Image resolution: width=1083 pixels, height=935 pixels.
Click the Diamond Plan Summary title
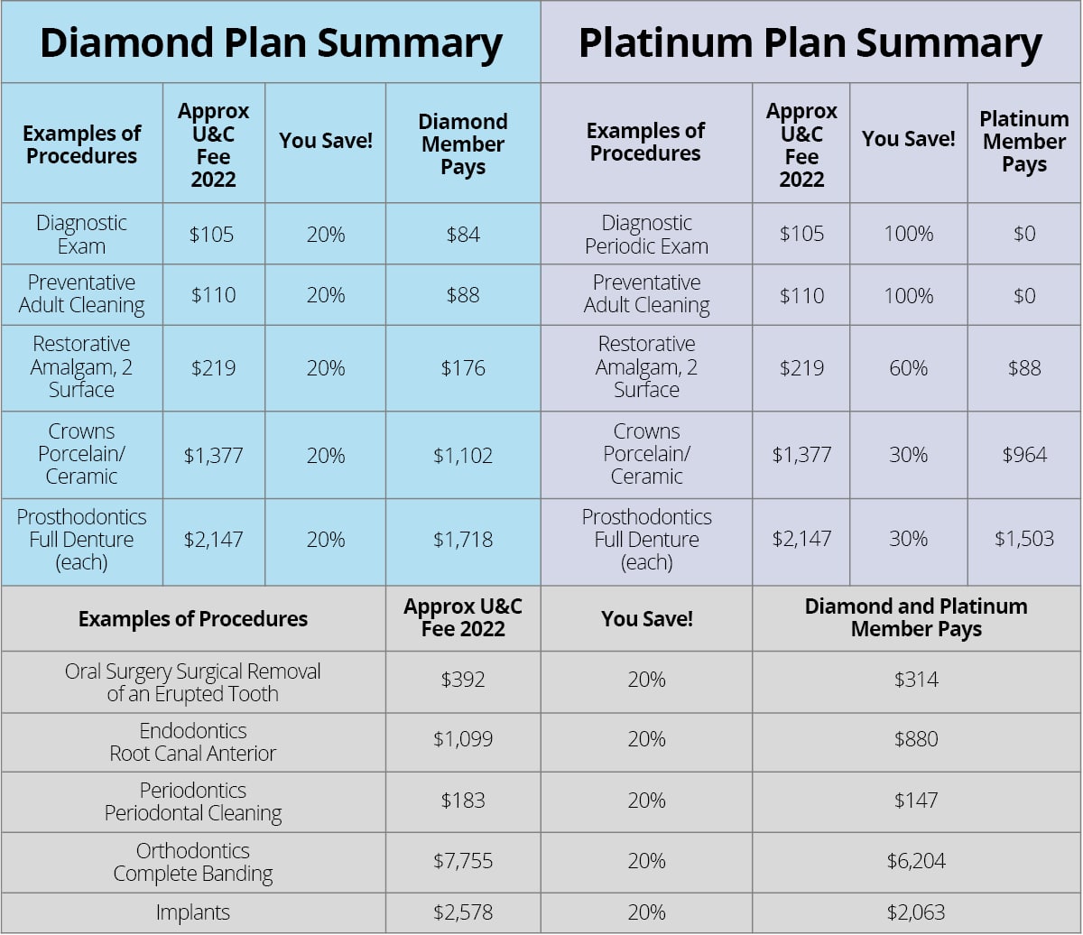tap(271, 43)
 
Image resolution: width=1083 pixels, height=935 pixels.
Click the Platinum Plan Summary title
tap(810, 43)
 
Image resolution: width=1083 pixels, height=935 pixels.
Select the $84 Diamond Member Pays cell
tap(463, 235)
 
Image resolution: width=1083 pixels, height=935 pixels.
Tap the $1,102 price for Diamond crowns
tap(463, 456)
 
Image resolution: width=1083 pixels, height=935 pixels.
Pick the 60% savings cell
tap(908, 368)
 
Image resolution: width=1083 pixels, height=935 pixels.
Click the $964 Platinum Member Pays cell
tap(1024, 455)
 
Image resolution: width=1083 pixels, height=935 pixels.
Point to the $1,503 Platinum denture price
tap(1024, 539)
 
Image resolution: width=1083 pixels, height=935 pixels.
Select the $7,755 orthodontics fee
tap(463, 861)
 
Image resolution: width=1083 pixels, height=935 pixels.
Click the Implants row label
tap(193, 912)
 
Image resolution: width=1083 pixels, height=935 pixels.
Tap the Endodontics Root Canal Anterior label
tap(193, 742)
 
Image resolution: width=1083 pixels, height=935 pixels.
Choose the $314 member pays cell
tap(916, 680)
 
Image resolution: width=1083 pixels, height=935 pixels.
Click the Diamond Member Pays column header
tap(463, 144)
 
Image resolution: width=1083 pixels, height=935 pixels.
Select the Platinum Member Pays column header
tap(1024, 142)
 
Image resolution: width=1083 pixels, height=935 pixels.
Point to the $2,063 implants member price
tap(916, 912)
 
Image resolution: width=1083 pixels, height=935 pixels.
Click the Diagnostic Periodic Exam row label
tap(646, 235)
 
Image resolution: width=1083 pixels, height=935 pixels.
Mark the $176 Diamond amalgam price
tap(463, 368)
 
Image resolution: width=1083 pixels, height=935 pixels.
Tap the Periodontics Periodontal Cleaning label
tap(193, 801)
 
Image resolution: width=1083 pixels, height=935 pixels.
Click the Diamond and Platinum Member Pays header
tap(916, 618)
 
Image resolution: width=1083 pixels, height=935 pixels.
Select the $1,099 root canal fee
tap(463, 740)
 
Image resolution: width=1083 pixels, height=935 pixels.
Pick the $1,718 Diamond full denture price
tap(463, 540)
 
